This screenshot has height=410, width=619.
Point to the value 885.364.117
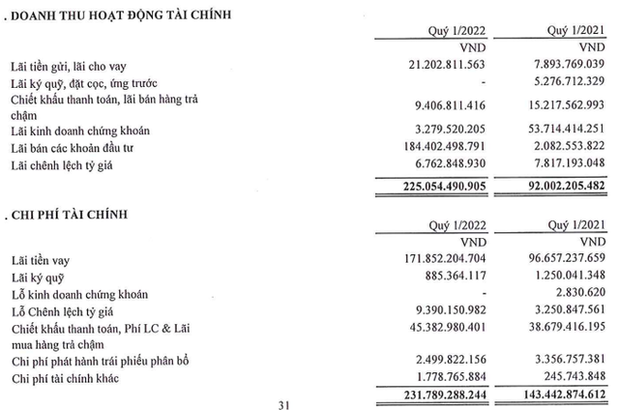click(446, 278)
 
